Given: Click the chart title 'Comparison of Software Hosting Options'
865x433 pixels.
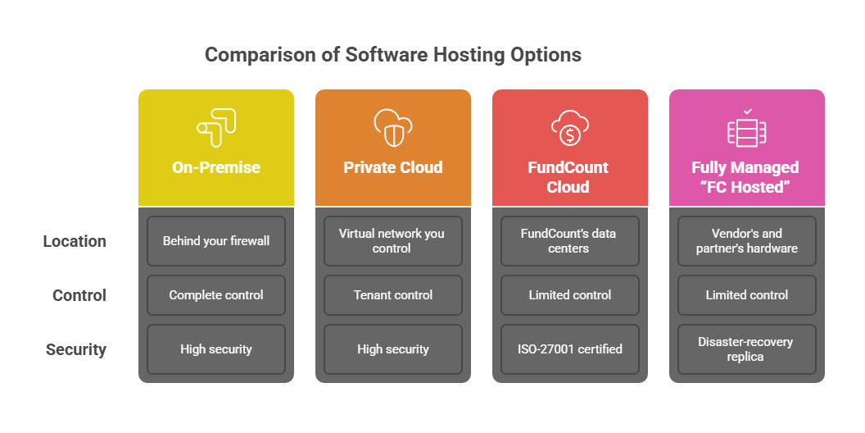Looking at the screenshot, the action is click(x=393, y=55).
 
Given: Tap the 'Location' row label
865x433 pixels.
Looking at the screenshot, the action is click(x=75, y=241).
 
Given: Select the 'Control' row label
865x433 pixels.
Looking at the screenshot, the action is click(x=79, y=295).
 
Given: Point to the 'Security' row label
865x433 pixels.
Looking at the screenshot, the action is click(x=75, y=349).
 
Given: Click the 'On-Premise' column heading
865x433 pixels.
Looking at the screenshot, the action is click(x=216, y=167).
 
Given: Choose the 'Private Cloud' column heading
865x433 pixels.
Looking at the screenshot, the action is click(x=393, y=167).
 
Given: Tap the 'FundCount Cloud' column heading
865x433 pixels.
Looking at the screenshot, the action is click(x=569, y=177).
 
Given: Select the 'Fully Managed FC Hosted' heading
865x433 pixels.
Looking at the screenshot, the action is click(x=746, y=177).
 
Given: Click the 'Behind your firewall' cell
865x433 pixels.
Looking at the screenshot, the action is click(x=216, y=241).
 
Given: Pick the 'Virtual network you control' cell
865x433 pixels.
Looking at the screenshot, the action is click(x=393, y=241).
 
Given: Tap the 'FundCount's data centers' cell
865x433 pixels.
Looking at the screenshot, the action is click(x=569, y=241).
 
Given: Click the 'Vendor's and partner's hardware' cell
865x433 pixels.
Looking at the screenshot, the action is click(x=746, y=241).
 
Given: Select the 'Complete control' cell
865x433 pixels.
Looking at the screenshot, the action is click(x=216, y=295).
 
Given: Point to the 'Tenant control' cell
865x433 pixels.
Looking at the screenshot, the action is click(x=393, y=295).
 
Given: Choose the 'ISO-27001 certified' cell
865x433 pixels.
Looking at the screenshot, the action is click(x=569, y=349).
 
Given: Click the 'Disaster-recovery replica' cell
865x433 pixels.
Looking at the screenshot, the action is click(x=746, y=349).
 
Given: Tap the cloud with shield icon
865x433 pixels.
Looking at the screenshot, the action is click(x=393, y=128).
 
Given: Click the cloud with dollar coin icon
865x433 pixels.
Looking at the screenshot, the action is click(x=569, y=128).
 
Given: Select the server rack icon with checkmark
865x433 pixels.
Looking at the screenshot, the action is click(x=747, y=128).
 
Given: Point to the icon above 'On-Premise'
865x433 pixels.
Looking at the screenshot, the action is click(x=216, y=128).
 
